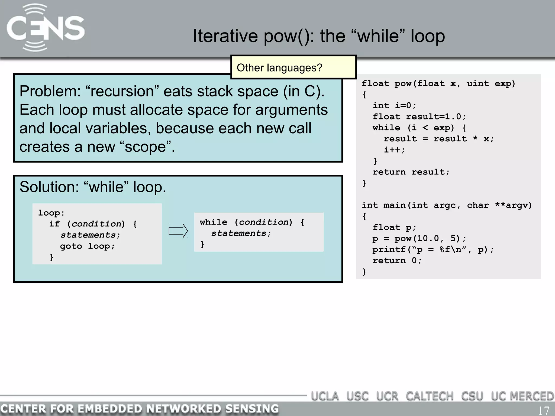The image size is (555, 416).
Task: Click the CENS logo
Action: pos(45,28)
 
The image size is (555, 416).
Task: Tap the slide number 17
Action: pos(543,410)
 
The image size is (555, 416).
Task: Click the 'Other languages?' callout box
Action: pos(293,67)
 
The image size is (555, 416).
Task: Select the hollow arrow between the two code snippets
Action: pos(178,231)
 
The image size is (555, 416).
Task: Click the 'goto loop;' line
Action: pos(87,246)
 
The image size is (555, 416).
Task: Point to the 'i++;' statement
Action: pos(394,150)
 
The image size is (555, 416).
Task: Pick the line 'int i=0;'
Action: pos(394,105)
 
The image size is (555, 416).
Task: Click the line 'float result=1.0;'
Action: pos(419,116)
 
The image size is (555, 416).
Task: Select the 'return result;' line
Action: pos(411,172)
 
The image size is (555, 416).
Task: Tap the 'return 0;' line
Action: pos(397,261)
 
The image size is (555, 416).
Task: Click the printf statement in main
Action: pos(433,249)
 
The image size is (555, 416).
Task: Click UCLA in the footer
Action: pos(325,396)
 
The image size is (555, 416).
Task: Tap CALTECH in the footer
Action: pos(429,396)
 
